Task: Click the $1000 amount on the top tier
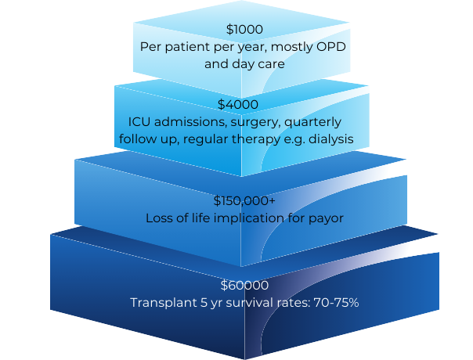coord(244,30)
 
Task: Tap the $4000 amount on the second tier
coord(236,104)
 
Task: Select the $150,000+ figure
coord(244,200)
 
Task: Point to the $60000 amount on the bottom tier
coord(244,286)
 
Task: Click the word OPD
coord(328,46)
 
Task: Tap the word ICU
coord(139,121)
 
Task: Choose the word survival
coord(247,303)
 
